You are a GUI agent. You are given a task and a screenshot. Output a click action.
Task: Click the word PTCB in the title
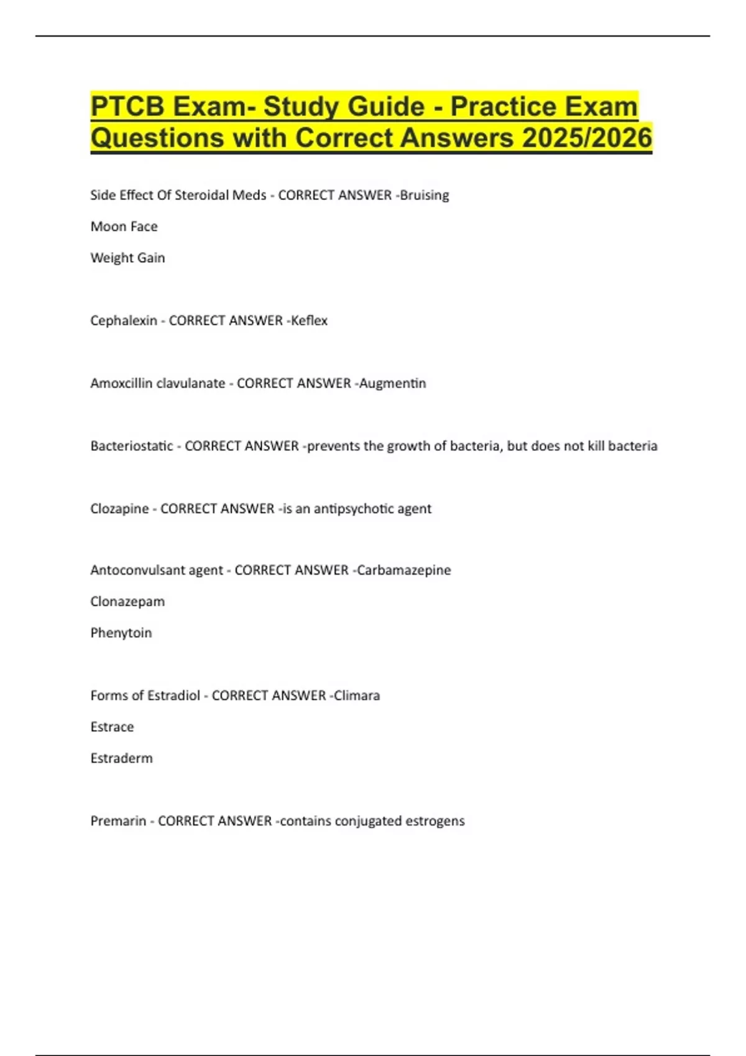pyautogui.click(x=127, y=107)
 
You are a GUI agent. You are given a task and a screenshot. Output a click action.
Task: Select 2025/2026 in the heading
pyautogui.click(x=587, y=138)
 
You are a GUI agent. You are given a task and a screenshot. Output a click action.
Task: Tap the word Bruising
pyautogui.click(x=425, y=195)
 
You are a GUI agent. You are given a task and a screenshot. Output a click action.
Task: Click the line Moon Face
pyautogui.click(x=124, y=227)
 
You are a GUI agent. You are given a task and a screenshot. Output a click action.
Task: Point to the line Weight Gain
pyautogui.click(x=127, y=258)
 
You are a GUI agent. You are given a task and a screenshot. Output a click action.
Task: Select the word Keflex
pyautogui.click(x=309, y=321)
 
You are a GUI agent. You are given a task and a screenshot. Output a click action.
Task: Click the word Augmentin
pyautogui.click(x=393, y=383)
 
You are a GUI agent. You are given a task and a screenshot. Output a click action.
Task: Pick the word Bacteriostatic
pyautogui.click(x=132, y=446)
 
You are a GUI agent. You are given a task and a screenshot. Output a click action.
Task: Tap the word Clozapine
pyautogui.click(x=119, y=509)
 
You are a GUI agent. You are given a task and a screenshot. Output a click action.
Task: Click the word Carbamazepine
pyautogui.click(x=404, y=570)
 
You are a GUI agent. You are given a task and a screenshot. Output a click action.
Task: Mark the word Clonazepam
pyautogui.click(x=127, y=601)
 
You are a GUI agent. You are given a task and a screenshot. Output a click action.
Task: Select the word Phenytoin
pyautogui.click(x=121, y=633)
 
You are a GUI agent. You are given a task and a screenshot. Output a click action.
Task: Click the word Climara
pyautogui.click(x=357, y=696)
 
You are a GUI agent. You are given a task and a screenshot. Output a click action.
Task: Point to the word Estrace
pyautogui.click(x=112, y=727)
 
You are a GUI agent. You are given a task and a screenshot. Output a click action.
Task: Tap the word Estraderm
pyautogui.click(x=121, y=758)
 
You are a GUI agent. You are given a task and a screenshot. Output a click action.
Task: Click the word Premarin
pyautogui.click(x=118, y=821)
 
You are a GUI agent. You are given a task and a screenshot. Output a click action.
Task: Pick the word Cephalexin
pyautogui.click(x=124, y=321)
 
